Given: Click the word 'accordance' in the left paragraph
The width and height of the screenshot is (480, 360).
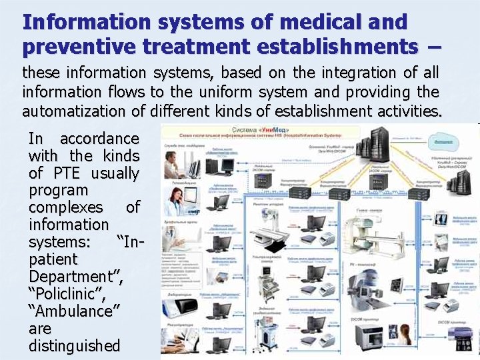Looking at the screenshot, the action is click(99, 139).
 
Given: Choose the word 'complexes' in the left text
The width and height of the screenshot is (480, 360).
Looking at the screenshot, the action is click(66, 207).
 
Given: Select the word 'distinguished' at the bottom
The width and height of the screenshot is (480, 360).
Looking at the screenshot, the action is click(75, 346).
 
